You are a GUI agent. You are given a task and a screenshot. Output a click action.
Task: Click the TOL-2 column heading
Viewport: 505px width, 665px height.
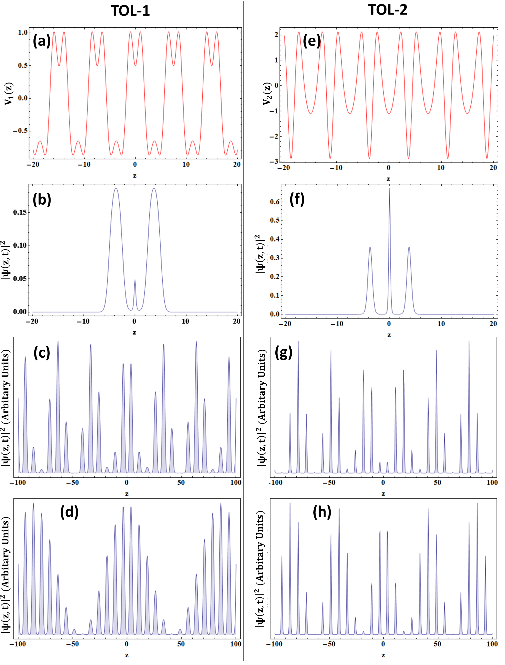[388, 10]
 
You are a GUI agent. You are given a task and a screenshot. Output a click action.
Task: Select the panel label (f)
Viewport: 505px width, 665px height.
[297, 199]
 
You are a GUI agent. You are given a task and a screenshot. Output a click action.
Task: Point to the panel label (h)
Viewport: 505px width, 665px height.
[322, 512]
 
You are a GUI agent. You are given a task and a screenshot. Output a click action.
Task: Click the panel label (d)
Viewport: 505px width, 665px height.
[69, 512]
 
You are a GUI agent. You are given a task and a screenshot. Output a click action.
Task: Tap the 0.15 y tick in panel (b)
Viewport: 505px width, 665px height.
[20, 212]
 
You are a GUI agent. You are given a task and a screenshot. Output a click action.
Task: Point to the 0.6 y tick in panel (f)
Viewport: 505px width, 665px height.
[275, 202]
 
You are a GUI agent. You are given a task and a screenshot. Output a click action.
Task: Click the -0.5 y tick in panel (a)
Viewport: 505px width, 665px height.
[20, 131]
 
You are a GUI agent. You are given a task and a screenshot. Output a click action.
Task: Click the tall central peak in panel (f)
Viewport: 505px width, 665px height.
[390, 193]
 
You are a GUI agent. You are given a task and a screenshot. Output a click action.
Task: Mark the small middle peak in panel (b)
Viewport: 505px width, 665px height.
[135, 281]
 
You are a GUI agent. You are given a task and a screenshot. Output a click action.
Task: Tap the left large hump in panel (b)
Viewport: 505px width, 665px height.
[116, 193]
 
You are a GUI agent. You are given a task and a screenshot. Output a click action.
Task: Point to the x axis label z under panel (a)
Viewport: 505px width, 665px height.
[135, 175]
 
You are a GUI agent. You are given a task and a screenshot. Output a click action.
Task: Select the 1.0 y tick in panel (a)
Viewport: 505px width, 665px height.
[23, 33]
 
